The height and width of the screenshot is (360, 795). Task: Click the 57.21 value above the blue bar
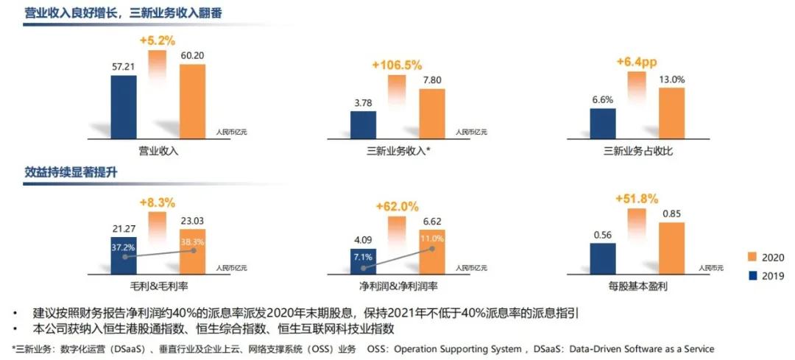pos(123,67)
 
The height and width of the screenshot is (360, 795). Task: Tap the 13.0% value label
pos(671,80)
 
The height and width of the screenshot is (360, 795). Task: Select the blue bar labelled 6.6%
pos(603,122)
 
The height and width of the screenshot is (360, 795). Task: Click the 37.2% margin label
pos(123,248)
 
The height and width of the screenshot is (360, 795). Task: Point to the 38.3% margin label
pos(192,241)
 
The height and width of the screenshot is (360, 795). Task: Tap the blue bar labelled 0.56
pos(603,257)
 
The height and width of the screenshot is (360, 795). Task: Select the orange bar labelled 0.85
pos(671,247)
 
